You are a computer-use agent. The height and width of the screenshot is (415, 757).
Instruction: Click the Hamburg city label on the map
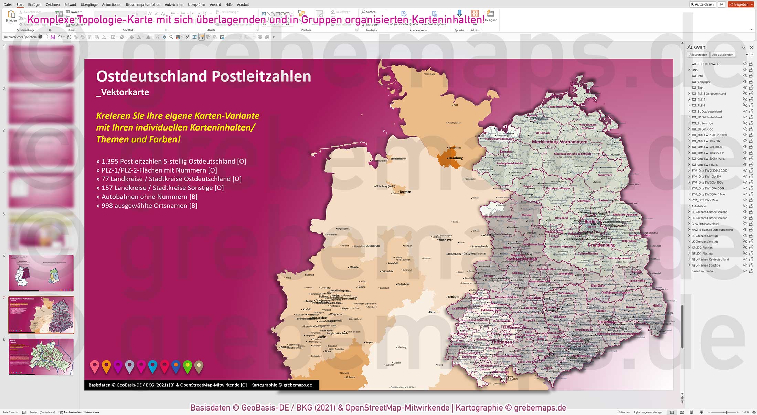[x=456, y=158]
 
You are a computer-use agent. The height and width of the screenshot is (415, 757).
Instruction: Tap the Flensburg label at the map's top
[x=430, y=74]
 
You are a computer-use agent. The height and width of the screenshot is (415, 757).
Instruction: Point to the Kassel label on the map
[x=433, y=312]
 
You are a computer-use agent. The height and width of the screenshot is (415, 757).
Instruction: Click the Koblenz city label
[x=351, y=377]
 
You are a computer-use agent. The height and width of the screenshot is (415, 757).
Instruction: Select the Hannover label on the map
[x=446, y=240]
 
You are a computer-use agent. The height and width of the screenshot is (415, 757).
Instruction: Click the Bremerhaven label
[x=398, y=159]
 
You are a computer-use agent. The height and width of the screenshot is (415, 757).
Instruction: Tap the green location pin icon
[x=188, y=366]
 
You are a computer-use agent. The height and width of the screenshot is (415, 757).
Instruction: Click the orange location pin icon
[x=106, y=366]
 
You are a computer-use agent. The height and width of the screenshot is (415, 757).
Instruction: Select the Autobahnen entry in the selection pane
[x=700, y=206]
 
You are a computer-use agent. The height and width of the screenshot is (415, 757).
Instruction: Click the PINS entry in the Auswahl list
[x=694, y=70]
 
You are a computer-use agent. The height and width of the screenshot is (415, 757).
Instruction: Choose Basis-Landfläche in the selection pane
[x=702, y=271]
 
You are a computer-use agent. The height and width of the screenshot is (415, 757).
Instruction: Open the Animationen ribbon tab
[x=111, y=4]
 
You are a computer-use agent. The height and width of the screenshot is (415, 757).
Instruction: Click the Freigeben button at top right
[x=740, y=4]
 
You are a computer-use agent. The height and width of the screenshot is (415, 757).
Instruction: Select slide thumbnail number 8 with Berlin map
[x=41, y=356]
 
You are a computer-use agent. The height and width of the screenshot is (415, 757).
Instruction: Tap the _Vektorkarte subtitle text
[x=122, y=92]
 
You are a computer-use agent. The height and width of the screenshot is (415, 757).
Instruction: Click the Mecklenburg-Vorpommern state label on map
[x=559, y=142]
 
